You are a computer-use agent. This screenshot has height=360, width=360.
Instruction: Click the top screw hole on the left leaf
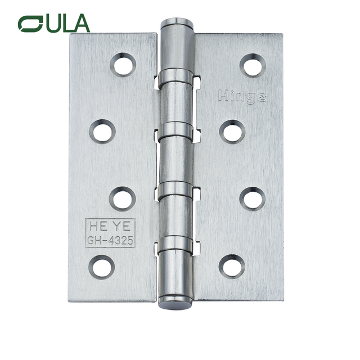point(123,65)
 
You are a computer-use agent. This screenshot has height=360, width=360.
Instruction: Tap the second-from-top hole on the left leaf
point(102,131)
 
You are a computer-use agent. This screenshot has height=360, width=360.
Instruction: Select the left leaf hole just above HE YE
point(123,198)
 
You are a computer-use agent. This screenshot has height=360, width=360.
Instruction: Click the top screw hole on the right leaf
point(253,65)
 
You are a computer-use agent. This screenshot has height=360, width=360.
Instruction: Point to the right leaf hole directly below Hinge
point(232,132)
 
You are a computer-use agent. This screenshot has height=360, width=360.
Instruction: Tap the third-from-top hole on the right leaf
point(253,199)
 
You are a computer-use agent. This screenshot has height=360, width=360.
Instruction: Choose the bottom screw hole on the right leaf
point(232,265)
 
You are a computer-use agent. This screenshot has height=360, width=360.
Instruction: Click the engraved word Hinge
point(242,96)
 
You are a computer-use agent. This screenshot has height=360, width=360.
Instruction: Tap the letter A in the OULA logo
point(80,24)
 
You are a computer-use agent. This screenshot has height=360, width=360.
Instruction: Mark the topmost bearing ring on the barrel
point(175,75)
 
